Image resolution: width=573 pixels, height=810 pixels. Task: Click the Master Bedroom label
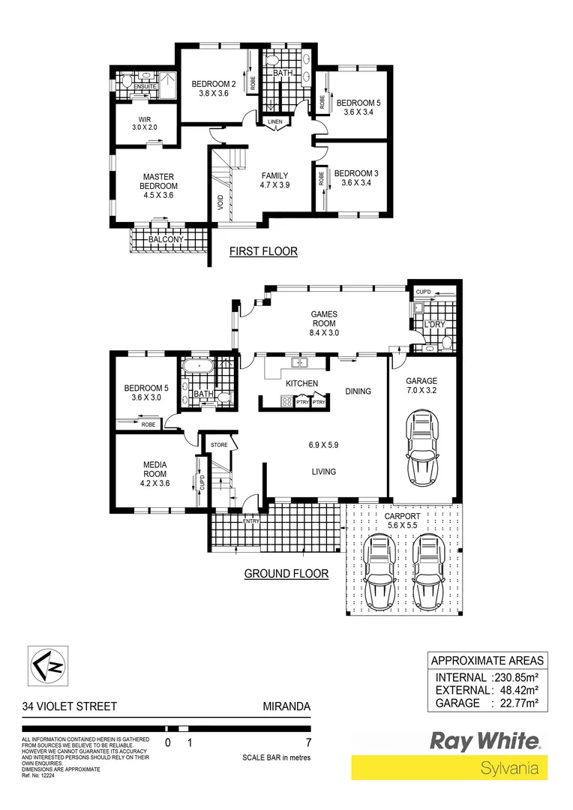click(160, 186)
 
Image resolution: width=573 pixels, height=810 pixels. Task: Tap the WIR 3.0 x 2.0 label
click(145, 124)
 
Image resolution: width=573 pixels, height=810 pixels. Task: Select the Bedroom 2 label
click(213, 88)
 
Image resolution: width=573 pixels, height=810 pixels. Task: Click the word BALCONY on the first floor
click(166, 239)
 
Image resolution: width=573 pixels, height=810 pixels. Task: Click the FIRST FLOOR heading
click(263, 251)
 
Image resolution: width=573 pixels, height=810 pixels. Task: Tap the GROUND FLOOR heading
click(286, 574)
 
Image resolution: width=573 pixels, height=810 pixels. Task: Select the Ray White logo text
click(484, 741)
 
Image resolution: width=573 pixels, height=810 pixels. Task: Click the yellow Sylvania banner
click(449, 768)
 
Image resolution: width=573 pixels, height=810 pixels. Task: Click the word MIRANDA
click(286, 706)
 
